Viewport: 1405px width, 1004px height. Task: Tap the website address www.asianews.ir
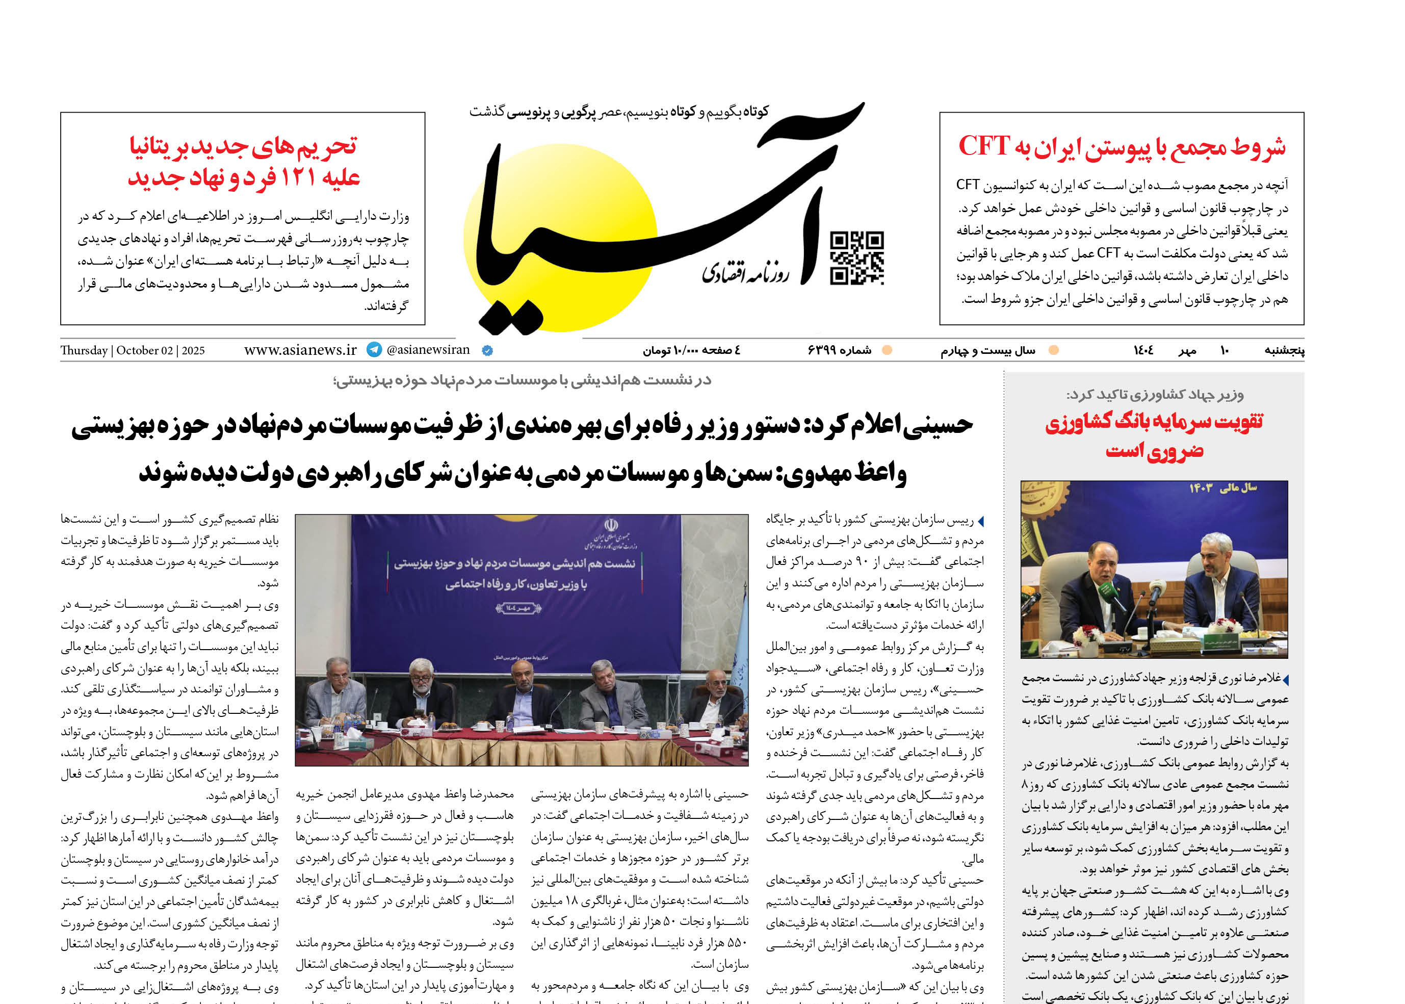300,350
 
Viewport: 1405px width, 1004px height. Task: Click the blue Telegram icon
374,350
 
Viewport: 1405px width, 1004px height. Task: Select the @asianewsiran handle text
428,350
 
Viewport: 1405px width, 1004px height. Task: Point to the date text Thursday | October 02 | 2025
132,350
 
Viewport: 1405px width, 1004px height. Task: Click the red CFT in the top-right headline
983,146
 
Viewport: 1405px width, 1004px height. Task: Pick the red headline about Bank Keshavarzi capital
1154,436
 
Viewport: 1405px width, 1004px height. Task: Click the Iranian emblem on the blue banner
611,527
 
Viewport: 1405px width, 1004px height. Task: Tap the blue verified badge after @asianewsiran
487,350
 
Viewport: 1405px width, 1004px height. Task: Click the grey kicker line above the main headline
522,380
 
